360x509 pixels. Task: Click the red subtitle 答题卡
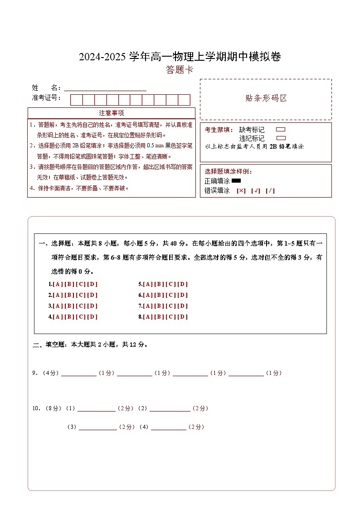[x=180, y=70]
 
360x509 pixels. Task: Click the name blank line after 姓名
[x=105, y=89]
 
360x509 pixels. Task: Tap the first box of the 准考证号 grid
[x=76, y=100]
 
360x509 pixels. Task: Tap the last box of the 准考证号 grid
[x=184, y=100]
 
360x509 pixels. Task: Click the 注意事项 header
[x=112, y=113]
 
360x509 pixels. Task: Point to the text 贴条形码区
[x=266, y=98]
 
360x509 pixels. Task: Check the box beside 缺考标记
[x=281, y=130]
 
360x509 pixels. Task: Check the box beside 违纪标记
[x=281, y=138]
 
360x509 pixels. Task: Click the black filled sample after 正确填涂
[x=236, y=181]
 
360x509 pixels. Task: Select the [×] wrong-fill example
[x=241, y=191]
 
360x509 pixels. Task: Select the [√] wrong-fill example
[x=256, y=191]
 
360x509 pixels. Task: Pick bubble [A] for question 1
[x=58, y=284]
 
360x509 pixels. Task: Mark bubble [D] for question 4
[x=92, y=317]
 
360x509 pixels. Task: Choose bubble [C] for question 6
[x=170, y=295]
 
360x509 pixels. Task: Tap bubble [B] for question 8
[x=159, y=317]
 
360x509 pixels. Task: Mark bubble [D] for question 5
[x=182, y=284]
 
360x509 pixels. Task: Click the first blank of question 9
[x=78, y=373]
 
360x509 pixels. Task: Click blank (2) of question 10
[x=170, y=409]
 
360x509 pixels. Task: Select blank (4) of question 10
[x=168, y=427]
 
